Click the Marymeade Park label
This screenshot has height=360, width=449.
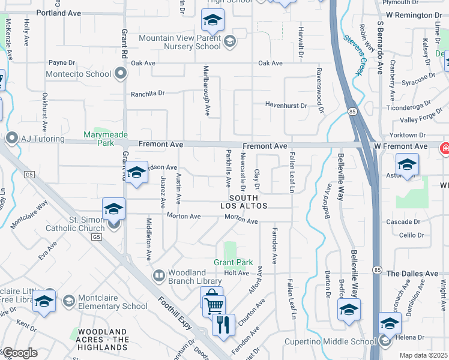click(98, 139)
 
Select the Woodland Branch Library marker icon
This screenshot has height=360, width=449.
click(159, 277)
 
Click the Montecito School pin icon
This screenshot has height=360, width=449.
click(121, 74)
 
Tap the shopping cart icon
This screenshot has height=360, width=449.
click(214, 307)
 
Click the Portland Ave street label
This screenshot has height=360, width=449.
click(58, 13)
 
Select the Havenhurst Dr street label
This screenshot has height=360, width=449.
click(286, 105)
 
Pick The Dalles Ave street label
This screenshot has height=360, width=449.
click(412, 273)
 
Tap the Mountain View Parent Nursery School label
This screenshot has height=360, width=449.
click(179, 41)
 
